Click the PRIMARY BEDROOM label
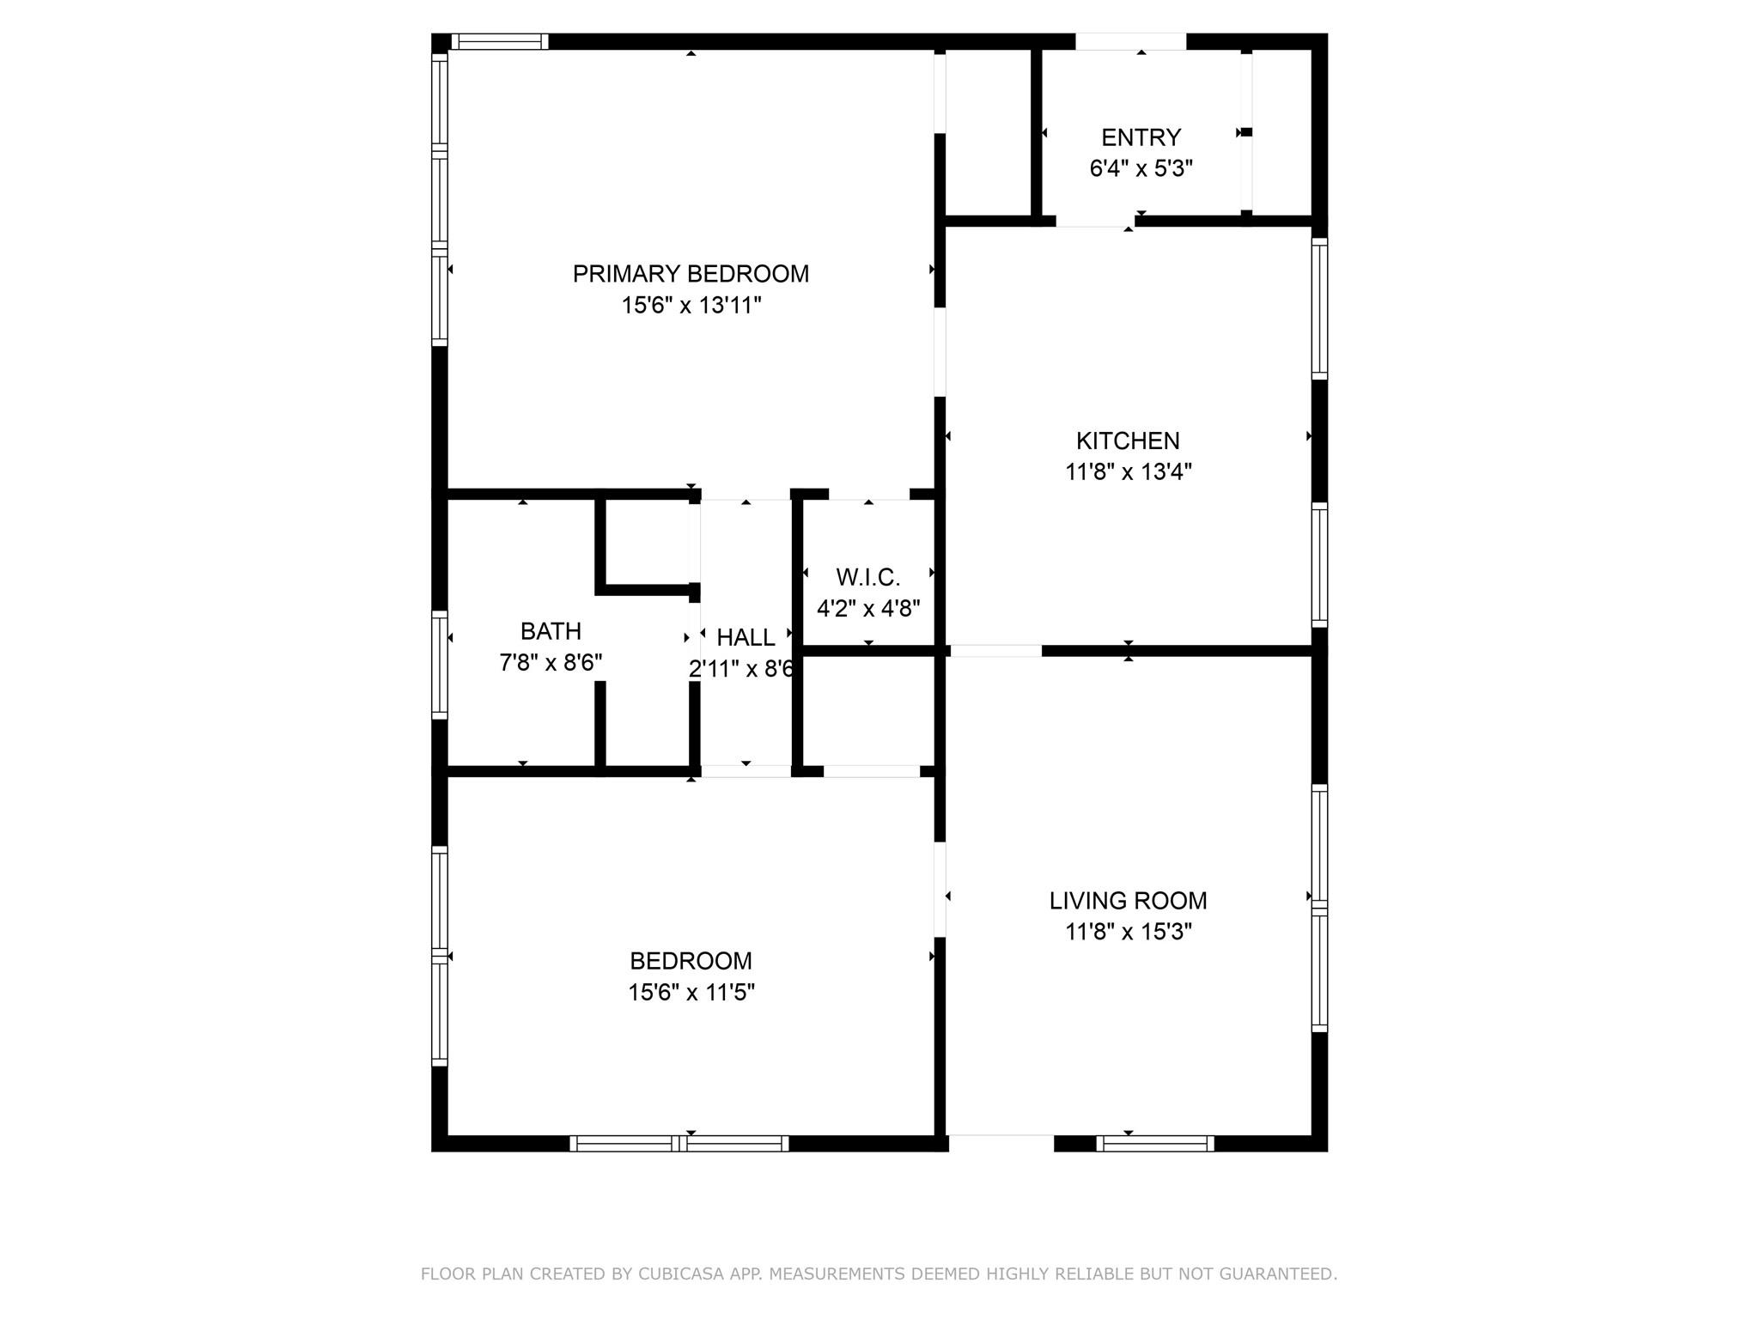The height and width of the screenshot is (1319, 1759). (691, 274)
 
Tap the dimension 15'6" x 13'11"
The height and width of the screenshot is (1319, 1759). (691, 306)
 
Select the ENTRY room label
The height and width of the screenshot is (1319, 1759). (1141, 137)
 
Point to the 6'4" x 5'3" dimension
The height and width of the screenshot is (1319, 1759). (1141, 168)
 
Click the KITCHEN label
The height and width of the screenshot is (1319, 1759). (1128, 441)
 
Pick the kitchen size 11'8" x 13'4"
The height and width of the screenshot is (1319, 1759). (1128, 471)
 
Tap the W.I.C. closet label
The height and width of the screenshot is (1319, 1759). (867, 577)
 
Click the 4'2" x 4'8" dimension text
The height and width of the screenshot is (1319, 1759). (867, 609)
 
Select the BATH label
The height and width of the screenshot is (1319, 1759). (551, 631)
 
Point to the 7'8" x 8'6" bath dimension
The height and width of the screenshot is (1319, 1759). (551, 663)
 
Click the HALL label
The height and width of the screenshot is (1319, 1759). (746, 637)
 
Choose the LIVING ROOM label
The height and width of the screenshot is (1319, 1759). (1128, 901)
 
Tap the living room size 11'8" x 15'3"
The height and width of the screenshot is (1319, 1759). (1128, 932)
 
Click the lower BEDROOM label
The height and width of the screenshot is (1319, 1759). (691, 961)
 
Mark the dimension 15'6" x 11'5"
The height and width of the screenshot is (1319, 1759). (691, 993)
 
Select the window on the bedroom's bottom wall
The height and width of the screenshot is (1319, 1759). (679, 1143)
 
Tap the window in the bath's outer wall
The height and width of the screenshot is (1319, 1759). (439, 665)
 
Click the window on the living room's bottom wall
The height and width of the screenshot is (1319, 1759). (1154, 1143)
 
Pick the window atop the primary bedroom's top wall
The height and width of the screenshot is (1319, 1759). (500, 41)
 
